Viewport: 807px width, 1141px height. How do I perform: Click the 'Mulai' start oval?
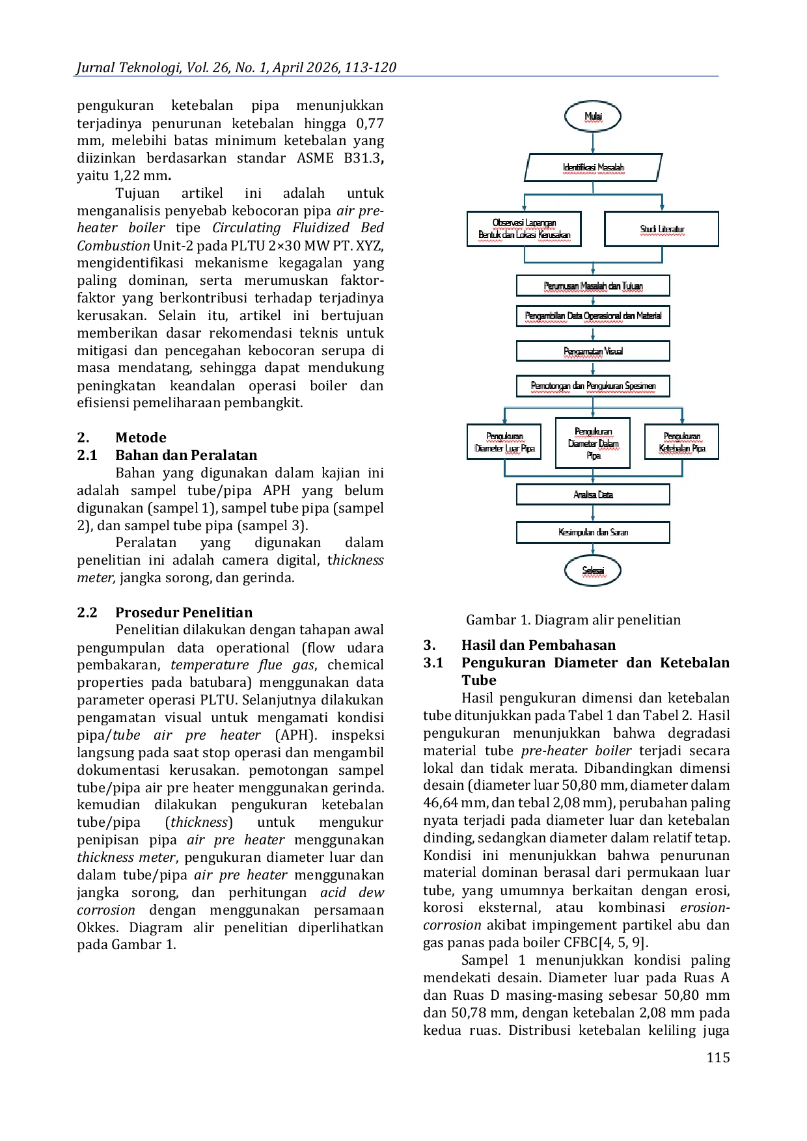[593, 117]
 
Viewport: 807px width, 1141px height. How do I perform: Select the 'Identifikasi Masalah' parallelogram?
[594, 167]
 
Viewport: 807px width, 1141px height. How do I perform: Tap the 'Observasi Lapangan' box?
[524, 229]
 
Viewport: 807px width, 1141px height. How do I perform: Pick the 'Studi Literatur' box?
[661, 229]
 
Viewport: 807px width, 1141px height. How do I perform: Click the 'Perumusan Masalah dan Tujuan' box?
[593, 286]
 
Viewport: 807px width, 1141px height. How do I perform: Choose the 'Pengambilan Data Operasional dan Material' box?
[593, 316]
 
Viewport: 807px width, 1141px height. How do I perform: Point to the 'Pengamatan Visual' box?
[593, 351]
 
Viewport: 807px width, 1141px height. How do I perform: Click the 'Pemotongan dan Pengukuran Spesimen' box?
[593, 386]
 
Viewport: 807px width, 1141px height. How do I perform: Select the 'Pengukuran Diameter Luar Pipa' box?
[504, 442]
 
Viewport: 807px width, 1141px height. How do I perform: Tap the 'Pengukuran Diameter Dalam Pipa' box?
[593, 443]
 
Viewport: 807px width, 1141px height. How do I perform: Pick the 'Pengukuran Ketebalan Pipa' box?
[681, 442]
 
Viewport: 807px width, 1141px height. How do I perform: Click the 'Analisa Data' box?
[593, 494]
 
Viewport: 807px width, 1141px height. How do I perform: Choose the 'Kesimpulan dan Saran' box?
[593, 532]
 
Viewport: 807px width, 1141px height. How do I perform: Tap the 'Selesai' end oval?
[593, 570]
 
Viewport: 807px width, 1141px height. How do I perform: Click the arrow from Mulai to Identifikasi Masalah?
[593, 143]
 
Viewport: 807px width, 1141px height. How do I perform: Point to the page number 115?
[718, 1057]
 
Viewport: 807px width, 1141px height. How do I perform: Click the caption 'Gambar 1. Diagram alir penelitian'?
[573, 620]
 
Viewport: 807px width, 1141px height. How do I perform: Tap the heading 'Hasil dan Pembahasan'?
[538, 645]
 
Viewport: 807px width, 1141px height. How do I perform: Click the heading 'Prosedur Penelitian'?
[184, 613]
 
